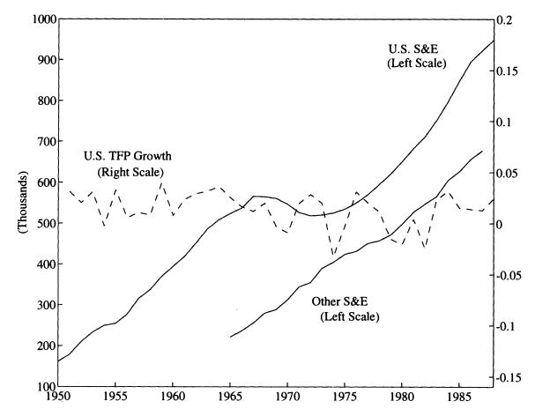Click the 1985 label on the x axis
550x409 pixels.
tap(460, 398)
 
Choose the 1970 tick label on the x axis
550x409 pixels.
tap(287, 398)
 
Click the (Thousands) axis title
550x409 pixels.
tap(15, 202)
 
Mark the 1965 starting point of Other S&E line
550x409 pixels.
tap(230, 337)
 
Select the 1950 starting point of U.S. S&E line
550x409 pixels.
tap(57, 361)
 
